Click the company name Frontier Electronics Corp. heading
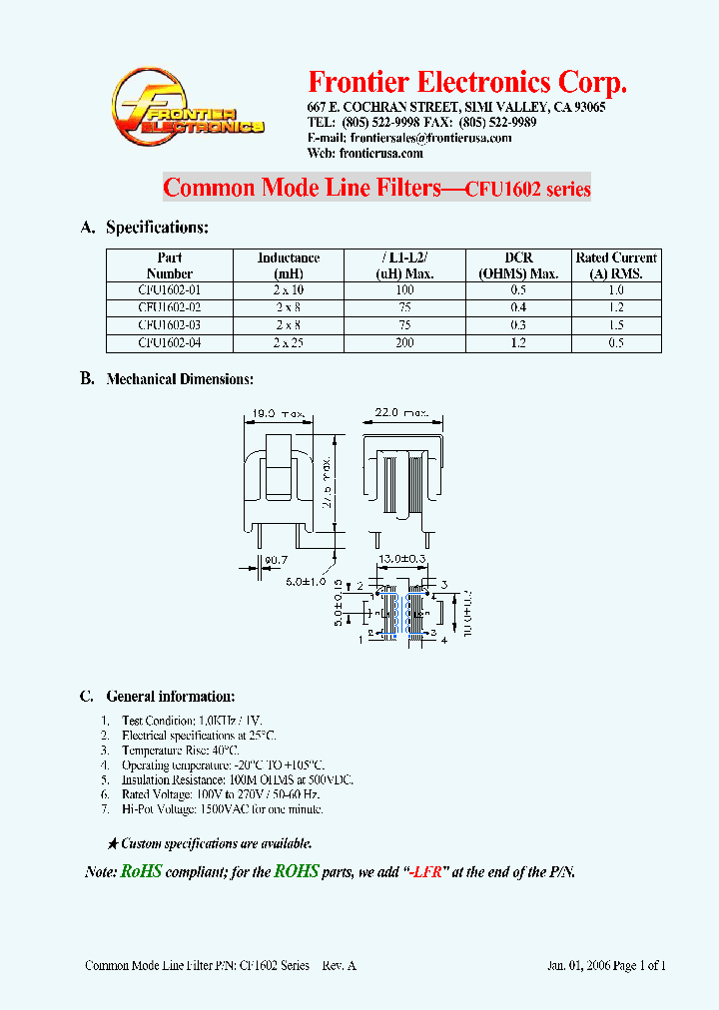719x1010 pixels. (467, 82)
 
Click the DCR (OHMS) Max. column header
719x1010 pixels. (518, 265)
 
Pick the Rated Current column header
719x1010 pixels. (616, 265)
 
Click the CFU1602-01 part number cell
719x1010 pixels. (169, 289)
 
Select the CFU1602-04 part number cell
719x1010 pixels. (169, 343)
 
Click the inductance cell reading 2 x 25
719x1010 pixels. (289, 343)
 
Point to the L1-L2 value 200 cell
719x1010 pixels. (404, 343)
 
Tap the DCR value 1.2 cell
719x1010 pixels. (518, 343)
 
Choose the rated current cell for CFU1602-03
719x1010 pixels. (616, 325)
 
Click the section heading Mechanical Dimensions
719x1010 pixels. (180, 379)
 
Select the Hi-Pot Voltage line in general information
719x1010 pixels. (222, 809)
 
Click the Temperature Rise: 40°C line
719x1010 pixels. (181, 750)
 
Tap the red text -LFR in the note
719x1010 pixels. (424, 872)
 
